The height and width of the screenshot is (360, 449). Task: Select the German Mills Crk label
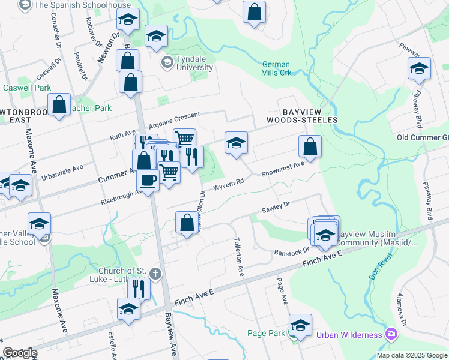(x=276, y=68)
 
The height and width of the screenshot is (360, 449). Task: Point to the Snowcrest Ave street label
(x=282, y=169)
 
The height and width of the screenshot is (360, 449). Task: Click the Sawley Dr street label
(x=276, y=208)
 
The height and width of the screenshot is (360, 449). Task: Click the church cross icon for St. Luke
(x=155, y=275)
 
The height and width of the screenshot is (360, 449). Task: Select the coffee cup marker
(x=148, y=180)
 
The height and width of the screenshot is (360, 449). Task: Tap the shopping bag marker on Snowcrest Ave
(x=310, y=146)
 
